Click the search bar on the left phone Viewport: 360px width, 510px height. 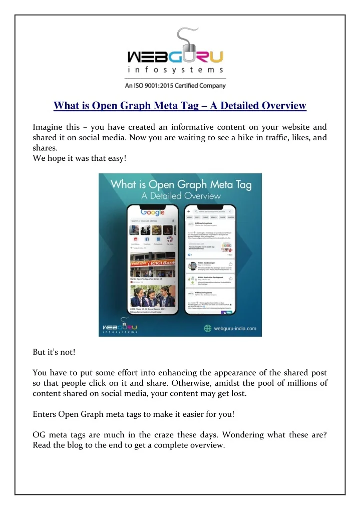coord(150,220)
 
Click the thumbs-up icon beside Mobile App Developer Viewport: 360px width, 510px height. coord(230,264)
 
